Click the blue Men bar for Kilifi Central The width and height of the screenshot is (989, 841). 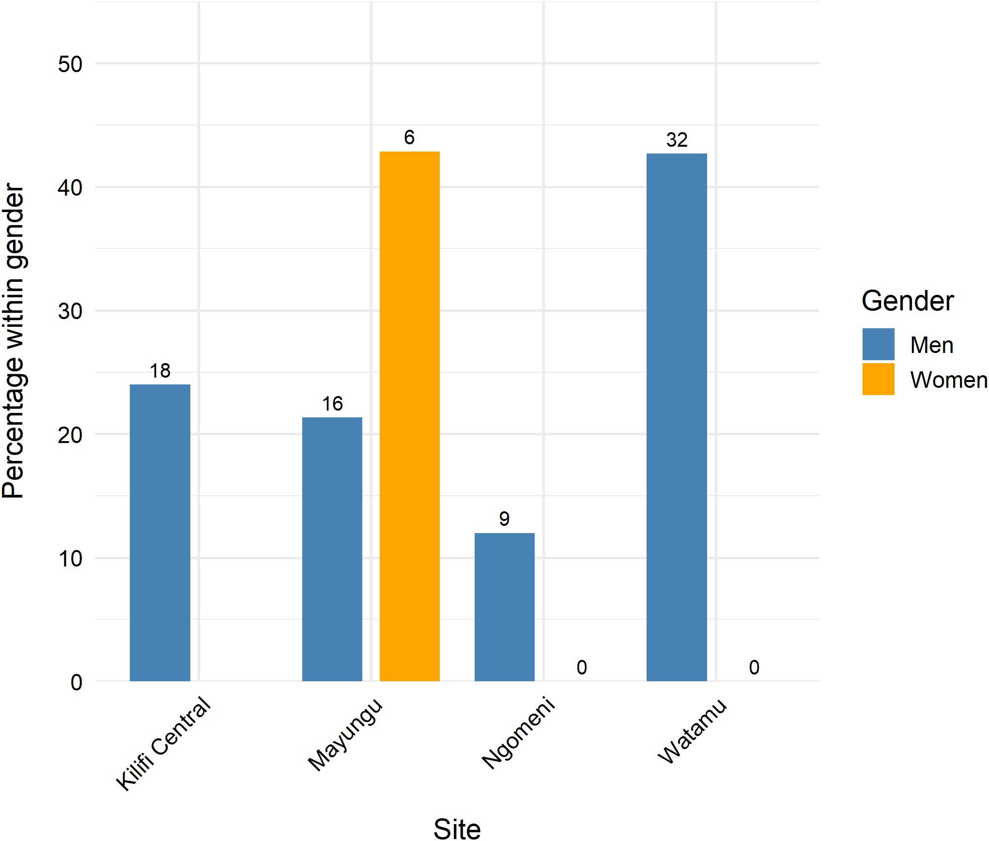point(160,532)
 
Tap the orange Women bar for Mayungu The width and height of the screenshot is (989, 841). point(409,416)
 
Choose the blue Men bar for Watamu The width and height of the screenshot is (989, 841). point(677,417)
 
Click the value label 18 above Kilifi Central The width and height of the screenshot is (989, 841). point(160,371)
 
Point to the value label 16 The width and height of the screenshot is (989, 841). point(332,404)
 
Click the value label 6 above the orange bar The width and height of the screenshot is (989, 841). point(409,138)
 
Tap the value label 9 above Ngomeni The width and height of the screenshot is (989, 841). point(504,519)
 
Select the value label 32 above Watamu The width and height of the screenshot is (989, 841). point(677,140)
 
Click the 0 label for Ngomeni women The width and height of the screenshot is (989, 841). point(582,667)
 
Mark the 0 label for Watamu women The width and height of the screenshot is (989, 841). point(754,667)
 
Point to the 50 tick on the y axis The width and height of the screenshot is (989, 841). point(70,64)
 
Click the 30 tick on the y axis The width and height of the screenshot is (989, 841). point(70,311)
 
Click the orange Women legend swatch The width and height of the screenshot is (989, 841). point(878,379)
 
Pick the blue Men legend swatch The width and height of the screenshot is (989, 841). point(878,344)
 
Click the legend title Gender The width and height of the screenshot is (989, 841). point(907,301)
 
